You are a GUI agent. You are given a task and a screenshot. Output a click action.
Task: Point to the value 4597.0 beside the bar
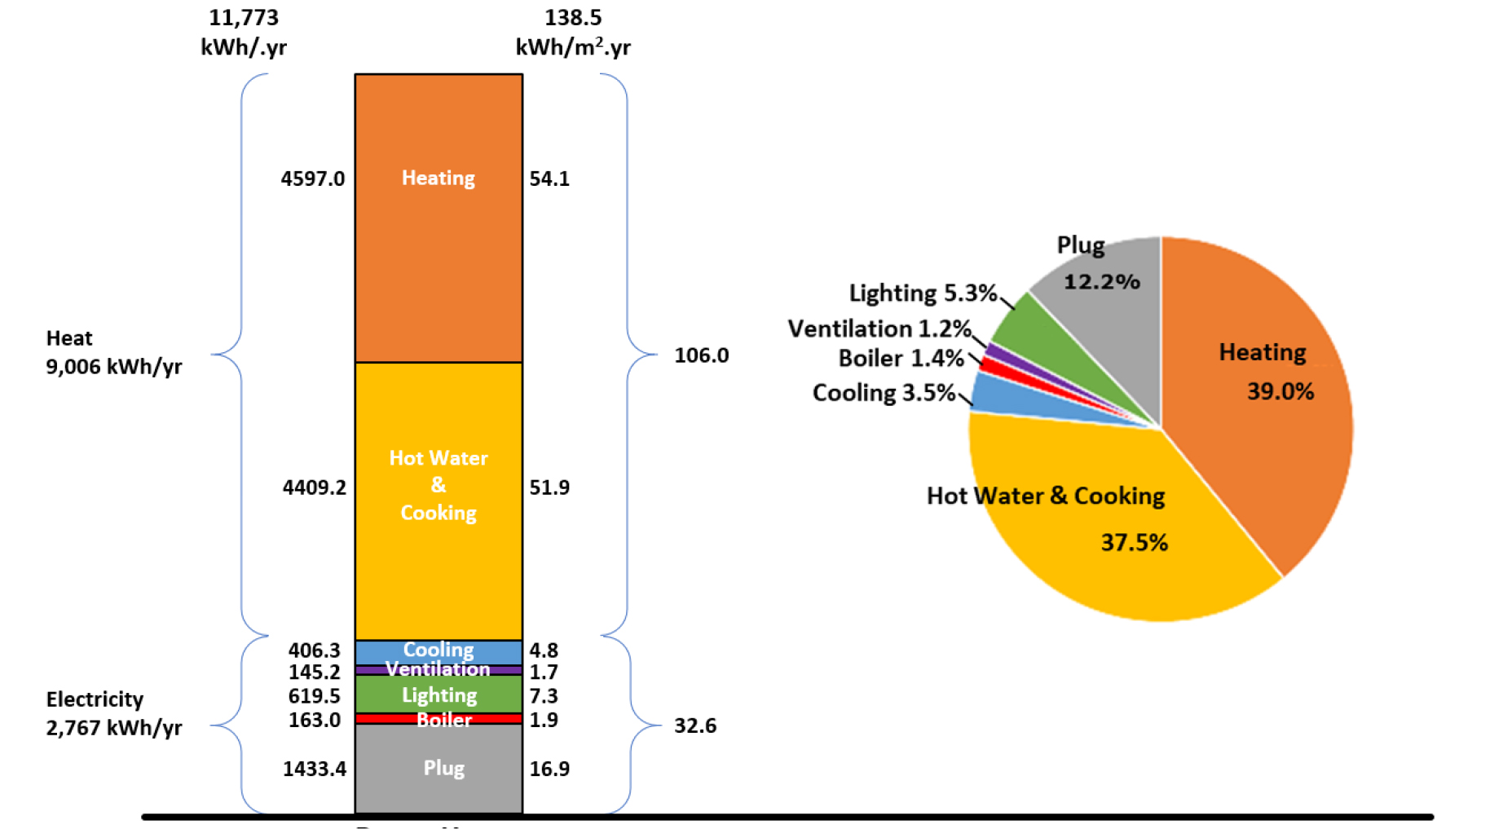click(x=313, y=179)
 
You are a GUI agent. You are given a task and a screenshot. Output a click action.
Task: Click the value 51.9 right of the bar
click(x=549, y=487)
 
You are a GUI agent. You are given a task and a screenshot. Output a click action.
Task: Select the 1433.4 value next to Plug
click(x=315, y=769)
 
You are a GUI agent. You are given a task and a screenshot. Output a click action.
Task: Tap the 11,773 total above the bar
click(x=244, y=18)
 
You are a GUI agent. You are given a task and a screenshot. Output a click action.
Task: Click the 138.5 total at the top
click(x=573, y=18)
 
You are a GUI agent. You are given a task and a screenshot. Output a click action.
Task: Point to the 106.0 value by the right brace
click(x=701, y=355)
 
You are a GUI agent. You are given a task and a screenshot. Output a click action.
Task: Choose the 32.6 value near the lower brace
click(x=694, y=725)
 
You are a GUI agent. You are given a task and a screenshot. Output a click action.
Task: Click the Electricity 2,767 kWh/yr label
click(x=113, y=713)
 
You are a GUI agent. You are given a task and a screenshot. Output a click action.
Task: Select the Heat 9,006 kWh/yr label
click(x=113, y=352)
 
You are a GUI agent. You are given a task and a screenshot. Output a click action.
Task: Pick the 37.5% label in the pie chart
click(x=1134, y=543)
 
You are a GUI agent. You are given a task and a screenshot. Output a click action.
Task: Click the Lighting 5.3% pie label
click(x=923, y=293)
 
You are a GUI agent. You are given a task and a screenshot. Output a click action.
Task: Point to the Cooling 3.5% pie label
click(x=884, y=393)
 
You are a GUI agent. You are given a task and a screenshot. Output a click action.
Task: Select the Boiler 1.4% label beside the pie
click(x=901, y=359)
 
